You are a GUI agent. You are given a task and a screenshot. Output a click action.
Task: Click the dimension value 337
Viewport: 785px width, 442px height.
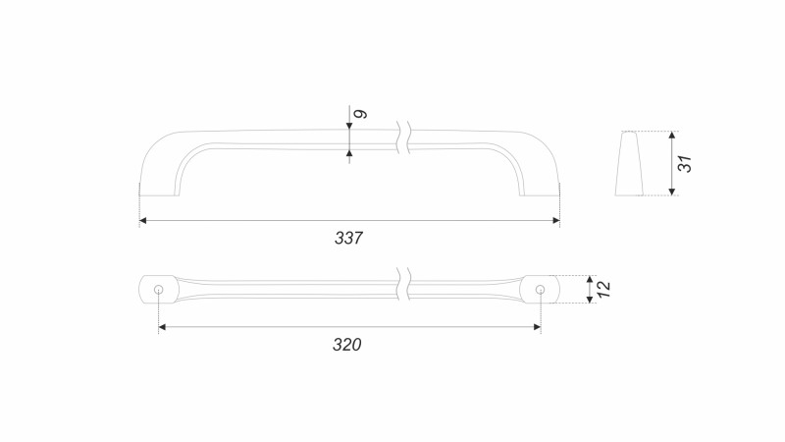click(x=348, y=238)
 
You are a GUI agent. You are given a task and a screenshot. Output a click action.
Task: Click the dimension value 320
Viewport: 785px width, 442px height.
click(x=347, y=345)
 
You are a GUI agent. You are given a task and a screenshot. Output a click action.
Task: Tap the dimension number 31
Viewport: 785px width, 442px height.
click(x=684, y=164)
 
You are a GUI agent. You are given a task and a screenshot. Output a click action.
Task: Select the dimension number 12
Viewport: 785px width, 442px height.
click(x=603, y=289)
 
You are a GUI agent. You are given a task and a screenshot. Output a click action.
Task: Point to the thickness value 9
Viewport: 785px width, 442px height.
click(x=360, y=114)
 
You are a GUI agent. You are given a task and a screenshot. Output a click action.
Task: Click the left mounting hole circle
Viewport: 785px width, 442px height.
click(x=159, y=289)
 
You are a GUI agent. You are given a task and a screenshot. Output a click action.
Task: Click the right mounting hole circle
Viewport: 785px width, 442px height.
click(x=540, y=289)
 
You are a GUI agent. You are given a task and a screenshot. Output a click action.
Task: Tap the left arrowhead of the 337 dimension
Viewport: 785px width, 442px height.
click(x=142, y=220)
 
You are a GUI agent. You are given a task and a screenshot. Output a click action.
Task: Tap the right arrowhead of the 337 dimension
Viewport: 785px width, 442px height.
click(x=556, y=220)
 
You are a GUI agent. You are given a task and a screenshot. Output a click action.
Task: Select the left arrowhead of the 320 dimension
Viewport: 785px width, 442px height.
click(x=162, y=327)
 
